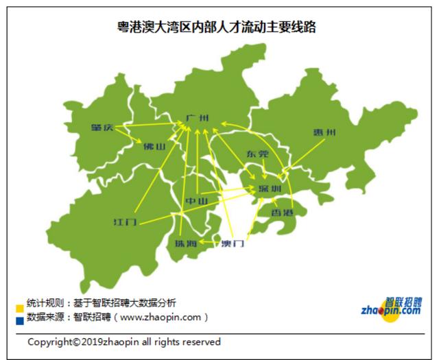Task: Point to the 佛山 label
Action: coord(154,146)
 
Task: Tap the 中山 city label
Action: coord(197,202)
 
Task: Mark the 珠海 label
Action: coord(185,244)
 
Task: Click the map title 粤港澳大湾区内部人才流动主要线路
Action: coord(217,28)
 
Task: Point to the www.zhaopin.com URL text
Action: coord(163,317)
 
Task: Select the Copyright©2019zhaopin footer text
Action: coord(124,341)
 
